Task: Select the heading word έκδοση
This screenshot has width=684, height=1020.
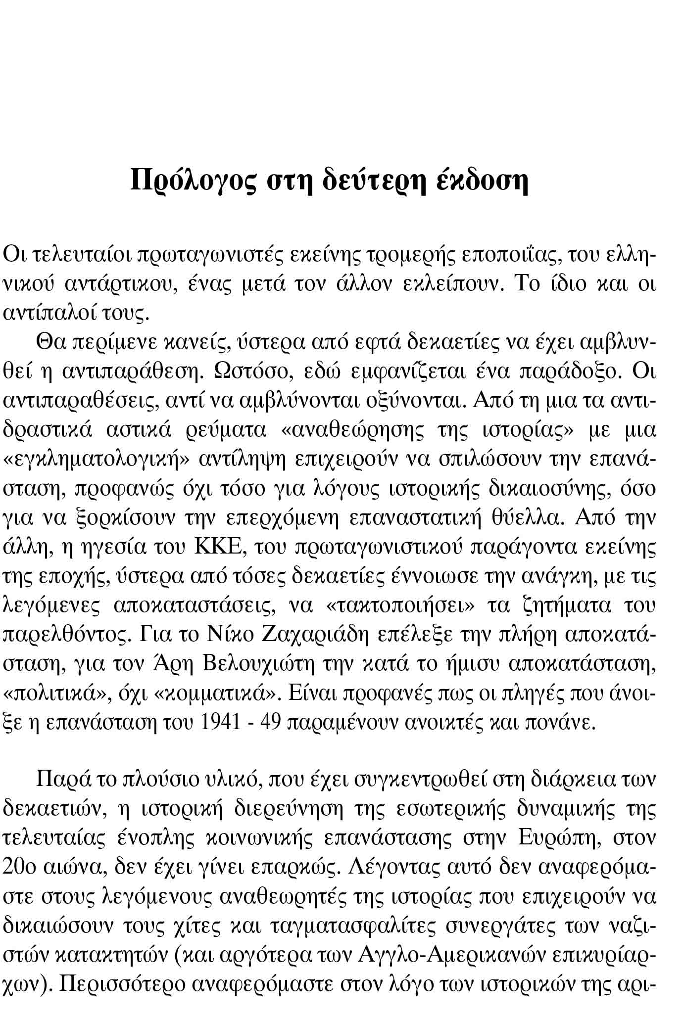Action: pyautogui.click(x=484, y=181)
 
